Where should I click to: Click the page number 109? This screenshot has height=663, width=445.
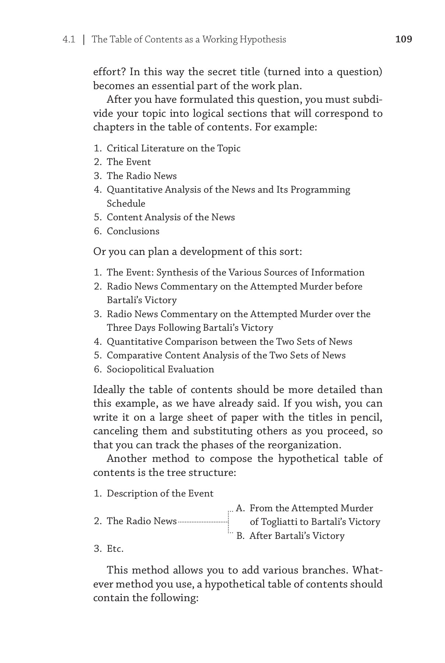[403, 39]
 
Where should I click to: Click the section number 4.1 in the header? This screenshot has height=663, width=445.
[69, 39]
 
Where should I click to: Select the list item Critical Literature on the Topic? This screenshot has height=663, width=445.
[173, 148]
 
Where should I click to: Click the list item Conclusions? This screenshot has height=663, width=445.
[133, 231]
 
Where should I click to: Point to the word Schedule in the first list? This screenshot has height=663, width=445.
[126, 204]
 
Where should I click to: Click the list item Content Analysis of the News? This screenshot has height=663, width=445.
[170, 217]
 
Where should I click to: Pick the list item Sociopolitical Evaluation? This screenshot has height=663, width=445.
[160, 369]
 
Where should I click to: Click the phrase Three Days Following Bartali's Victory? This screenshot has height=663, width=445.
[190, 328]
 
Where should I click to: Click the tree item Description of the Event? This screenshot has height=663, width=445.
[160, 494]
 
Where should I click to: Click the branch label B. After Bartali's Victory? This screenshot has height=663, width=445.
[290, 536]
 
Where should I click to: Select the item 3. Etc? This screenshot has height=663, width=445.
[109, 549]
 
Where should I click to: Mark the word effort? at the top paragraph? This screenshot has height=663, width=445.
[109, 71]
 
